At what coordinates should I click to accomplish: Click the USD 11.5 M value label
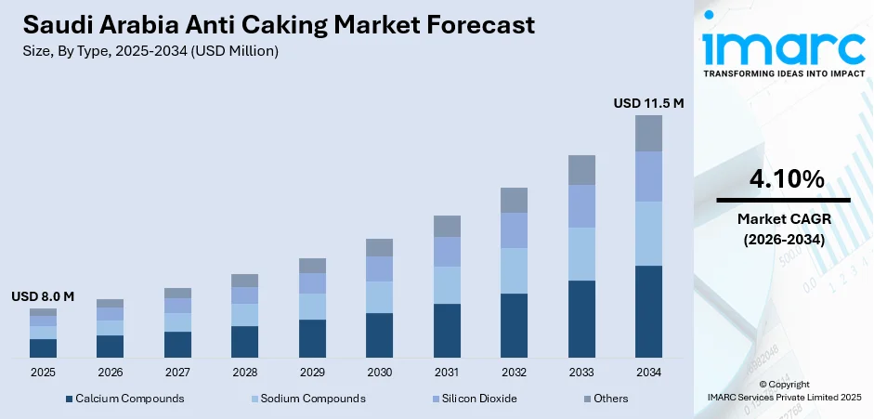click(x=648, y=103)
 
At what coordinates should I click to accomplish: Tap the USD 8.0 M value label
click(x=43, y=296)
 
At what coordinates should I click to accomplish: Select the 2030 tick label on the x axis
click(x=379, y=372)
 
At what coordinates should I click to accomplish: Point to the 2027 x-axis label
click(x=177, y=372)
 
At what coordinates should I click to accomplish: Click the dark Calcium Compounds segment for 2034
click(x=648, y=311)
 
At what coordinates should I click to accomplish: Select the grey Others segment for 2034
click(x=648, y=133)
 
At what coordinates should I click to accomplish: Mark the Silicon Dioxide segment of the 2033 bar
click(x=581, y=206)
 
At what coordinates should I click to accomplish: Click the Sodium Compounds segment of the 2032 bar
click(x=514, y=270)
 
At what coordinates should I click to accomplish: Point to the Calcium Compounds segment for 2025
click(x=43, y=348)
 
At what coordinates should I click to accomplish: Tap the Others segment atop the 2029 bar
click(x=312, y=265)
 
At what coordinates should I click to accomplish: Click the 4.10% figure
click(x=783, y=179)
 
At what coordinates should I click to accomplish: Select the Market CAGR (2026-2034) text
click(x=783, y=229)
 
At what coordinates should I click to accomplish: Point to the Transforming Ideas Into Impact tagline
click(x=783, y=72)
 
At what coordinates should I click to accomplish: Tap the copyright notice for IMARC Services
click(x=783, y=390)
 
